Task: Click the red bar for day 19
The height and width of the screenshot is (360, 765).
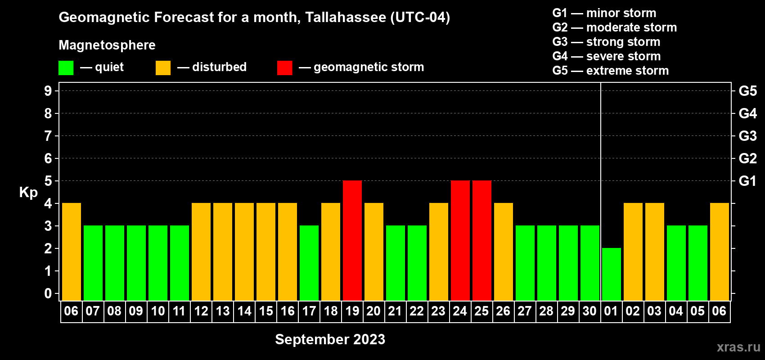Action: coord(352,240)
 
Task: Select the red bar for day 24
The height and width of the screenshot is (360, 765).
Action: coord(460,240)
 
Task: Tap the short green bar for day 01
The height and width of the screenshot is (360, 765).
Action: coord(611,274)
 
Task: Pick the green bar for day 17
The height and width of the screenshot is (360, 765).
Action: coord(309,263)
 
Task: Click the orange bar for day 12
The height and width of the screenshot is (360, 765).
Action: coord(201,252)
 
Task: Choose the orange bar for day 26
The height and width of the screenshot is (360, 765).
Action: coord(504,252)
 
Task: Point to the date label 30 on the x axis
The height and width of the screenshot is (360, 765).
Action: coord(589,311)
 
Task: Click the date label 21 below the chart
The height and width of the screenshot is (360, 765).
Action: coord(395,311)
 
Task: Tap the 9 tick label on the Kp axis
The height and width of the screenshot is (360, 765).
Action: coord(48,91)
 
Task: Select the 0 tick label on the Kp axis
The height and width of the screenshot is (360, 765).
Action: coord(48,293)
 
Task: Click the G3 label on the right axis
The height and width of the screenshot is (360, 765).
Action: coord(748,136)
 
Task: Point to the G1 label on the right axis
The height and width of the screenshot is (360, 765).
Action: coord(748,181)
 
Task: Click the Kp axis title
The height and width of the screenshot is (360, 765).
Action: coord(28,193)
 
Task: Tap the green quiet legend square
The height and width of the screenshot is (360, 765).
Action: coord(66,67)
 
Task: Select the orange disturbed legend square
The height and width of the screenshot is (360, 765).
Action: coord(163,67)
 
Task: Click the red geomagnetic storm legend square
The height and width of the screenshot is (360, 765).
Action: coord(284,67)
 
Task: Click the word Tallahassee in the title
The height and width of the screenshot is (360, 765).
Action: coord(345,17)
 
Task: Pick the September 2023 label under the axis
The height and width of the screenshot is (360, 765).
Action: coord(330,339)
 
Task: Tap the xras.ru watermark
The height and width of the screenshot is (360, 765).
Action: coord(738,347)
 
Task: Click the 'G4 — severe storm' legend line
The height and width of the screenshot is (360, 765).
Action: coord(607,56)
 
